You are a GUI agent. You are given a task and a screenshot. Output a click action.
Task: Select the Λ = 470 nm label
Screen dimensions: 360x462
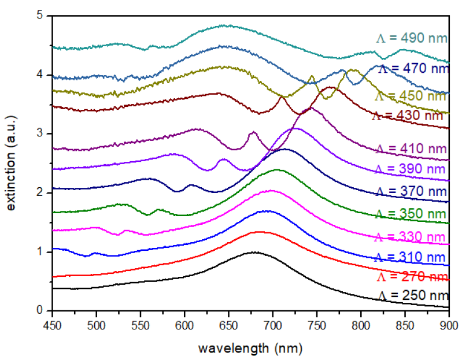click(x=412, y=68)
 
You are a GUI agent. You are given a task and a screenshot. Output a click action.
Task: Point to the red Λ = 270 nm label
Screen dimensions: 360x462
click(x=412, y=276)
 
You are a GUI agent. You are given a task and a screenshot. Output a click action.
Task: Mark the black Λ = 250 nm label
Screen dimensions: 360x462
click(x=412, y=296)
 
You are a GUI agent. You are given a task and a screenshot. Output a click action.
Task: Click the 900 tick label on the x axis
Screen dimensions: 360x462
click(x=449, y=324)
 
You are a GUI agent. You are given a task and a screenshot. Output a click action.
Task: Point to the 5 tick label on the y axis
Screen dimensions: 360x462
click(x=39, y=16)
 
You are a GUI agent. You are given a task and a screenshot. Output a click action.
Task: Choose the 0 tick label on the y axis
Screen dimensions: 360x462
click(x=39, y=310)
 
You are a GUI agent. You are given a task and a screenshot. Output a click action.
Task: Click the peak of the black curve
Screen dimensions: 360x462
click(x=254, y=252)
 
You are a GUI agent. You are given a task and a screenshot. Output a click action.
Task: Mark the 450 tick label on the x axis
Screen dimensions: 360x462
click(x=53, y=324)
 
